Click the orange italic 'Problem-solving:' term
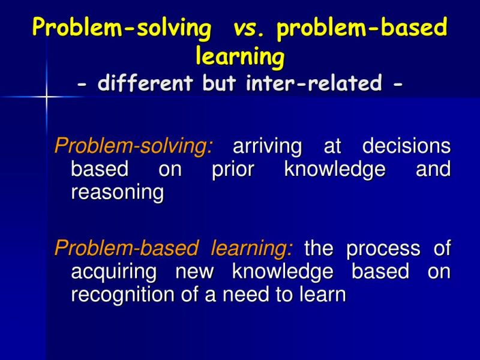[133, 146]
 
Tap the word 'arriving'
[268, 146]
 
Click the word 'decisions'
[406, 146]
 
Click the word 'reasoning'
[117, 193]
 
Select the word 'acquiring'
[115, 272]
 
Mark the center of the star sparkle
[46, 97]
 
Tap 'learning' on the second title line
[240, 57]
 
